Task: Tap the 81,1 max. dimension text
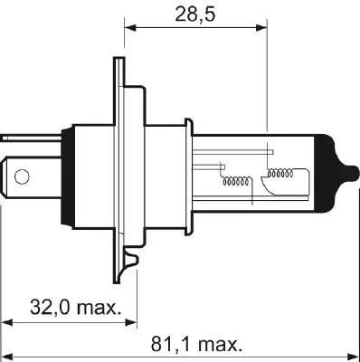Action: (195, 345)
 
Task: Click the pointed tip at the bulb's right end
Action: (352, 169)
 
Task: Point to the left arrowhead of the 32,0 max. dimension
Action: (7, 321)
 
